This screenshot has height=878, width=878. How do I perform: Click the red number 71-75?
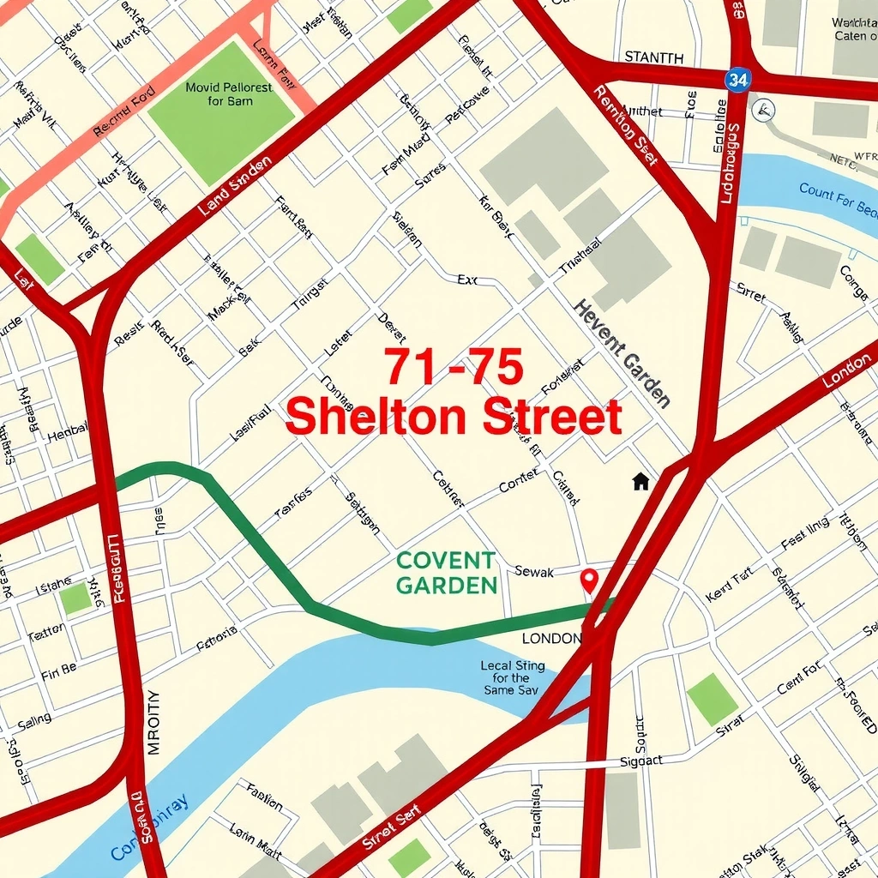(x=453, y=368)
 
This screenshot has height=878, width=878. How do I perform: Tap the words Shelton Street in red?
(x=453, y=418)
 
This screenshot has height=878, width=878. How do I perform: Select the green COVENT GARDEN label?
(x=446, y=573)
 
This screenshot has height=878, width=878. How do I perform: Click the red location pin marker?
(x=588, y=580)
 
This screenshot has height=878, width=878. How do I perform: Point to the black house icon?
(x=640, y=481)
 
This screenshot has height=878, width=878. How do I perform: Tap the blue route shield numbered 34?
(x=737, y=81)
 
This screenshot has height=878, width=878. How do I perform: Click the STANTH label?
(x=654, y=57)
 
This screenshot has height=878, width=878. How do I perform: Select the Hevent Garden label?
(x=622, y=352)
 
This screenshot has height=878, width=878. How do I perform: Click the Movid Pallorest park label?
(x=228, y=94)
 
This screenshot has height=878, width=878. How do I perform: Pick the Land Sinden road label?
(x=235, y=184)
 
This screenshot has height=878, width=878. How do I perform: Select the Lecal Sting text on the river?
(x=512, y=677)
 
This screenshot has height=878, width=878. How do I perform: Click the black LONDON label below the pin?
(x=551, y=639)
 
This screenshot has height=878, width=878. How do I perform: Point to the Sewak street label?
(x=534, y=572)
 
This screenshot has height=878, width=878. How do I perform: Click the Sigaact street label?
(x=640, y=761)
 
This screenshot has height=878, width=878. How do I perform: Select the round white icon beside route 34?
(x=762, y=110)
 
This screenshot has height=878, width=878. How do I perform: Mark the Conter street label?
(x=519, y=482)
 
